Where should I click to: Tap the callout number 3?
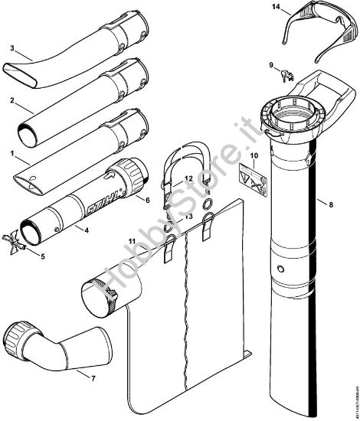pyautogui.click(x=11, y=48)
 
